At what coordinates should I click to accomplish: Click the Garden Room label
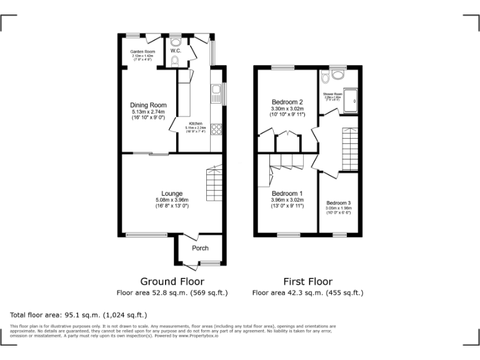point(142,51)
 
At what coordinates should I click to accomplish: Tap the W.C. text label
point(176,51)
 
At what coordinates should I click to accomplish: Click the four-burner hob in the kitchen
point(216,129)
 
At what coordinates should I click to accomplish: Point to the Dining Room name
point(148,105)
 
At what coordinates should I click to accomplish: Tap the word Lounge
point(171,193)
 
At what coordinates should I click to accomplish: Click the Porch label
point(200,248)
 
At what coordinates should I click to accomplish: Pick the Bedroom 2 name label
point(287,102)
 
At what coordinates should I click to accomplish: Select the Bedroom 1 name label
point(287,193)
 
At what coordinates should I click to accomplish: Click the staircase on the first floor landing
point(349,149)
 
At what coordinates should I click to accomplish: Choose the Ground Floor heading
point(172,281)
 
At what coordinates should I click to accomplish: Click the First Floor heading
point(307,281)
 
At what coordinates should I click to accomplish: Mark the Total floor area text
point(79,315)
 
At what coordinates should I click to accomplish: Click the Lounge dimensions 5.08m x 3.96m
point(171,200)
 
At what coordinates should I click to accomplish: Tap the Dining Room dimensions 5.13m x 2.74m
point(148,112)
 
